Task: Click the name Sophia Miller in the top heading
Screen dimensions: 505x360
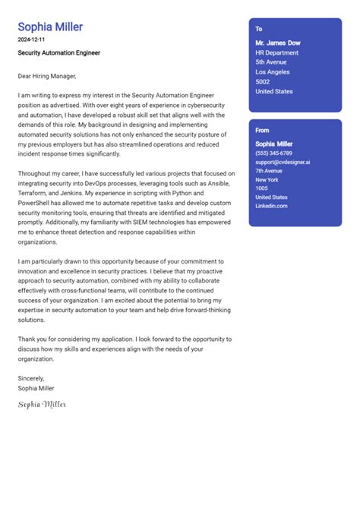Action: click(x=50, y=27)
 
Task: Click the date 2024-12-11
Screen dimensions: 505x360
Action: click(x=32, y=39)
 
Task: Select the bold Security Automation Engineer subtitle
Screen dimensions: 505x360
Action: click(x=59, y=53)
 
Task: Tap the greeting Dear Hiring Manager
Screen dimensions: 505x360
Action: click(x=47, y=76)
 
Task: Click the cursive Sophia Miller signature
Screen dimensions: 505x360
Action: click(x=43, y=404)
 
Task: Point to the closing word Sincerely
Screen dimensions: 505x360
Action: click(x=31, y=378)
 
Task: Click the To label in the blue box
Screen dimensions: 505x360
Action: click(x=259, y=29)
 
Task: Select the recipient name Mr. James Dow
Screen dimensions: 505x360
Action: click(x=279, y=43)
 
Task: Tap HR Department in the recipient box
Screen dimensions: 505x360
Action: click(x=277, y=52)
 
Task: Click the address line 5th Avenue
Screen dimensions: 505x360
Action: click(x=271, y=62)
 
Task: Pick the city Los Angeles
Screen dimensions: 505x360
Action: click(x=273, y=72)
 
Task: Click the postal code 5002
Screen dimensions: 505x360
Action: click(x=263, y=82)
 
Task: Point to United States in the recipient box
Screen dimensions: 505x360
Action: click(x=274, y=92)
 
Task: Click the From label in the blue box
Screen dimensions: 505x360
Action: click(x=262, y=131)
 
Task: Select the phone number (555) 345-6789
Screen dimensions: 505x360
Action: click(x=273, y=153)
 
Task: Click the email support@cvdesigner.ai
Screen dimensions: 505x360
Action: click(x=283, y=162)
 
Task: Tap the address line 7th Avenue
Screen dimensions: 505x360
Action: click(x=268, y=171)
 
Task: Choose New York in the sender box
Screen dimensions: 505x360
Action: click(x=267, y=179)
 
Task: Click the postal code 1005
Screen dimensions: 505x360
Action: click(x=261, y=188)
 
